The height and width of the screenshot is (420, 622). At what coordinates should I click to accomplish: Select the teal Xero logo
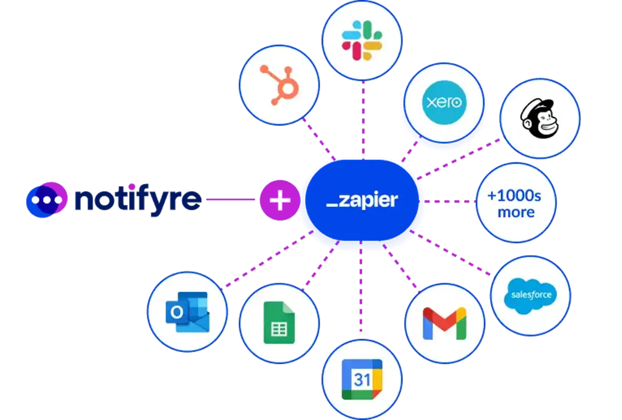444,102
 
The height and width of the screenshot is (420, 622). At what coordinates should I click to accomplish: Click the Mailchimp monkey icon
540,119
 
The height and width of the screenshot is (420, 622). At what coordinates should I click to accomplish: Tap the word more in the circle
516,213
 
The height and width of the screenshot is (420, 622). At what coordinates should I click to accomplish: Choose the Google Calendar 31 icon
362,379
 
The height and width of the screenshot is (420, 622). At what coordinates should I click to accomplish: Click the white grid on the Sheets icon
279,330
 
